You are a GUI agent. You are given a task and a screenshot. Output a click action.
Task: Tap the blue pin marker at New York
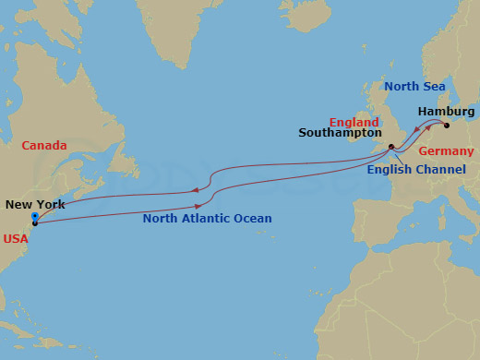click(x=34, y=218)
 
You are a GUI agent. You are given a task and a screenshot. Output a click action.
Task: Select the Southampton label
click(x=341, y=133)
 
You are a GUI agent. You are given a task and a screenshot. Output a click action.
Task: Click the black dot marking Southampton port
click(x=391, y=146)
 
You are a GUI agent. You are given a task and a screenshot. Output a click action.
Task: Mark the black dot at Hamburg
click(x=446, y=126)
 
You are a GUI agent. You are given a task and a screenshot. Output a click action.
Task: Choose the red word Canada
click(x=42, y=145)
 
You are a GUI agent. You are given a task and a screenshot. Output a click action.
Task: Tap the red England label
click(x=354, y=122)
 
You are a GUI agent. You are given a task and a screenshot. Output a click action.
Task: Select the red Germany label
click(x=446, y=151)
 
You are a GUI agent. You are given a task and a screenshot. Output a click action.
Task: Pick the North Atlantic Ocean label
click(x=207, y=219)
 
